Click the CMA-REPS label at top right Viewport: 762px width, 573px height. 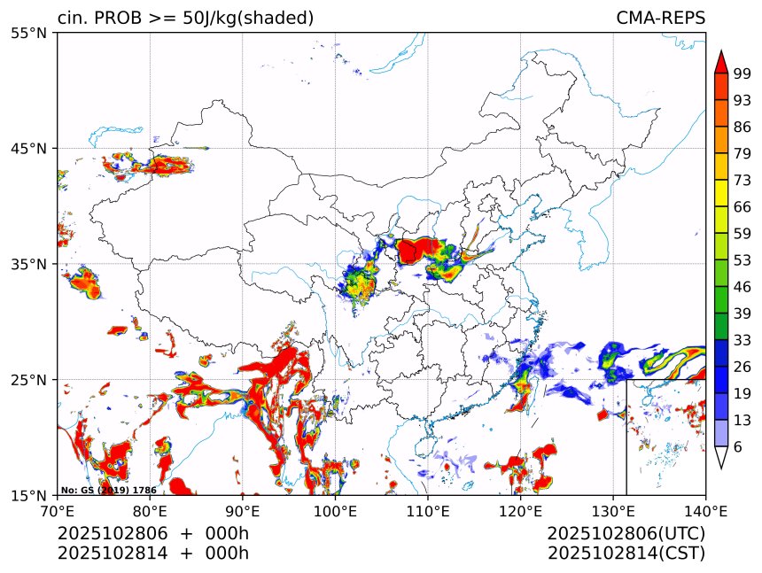click(660, 18)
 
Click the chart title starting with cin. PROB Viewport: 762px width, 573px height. click(185, 18)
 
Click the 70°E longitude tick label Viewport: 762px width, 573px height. click(58, 511)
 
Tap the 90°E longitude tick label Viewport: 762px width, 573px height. click(242, 511)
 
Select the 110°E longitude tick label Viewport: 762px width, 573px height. click(428, 511)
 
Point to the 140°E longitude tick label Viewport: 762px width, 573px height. click(705, 511)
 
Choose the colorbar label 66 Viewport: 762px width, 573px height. click(743, 206)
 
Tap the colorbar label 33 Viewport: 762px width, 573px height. click(743, 340)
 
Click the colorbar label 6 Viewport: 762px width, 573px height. click(739, 446)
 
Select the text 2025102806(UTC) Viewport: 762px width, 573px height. click(626, 534)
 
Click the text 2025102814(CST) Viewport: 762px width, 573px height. click(626, 554)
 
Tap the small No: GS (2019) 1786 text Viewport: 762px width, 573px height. click(108, 490)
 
